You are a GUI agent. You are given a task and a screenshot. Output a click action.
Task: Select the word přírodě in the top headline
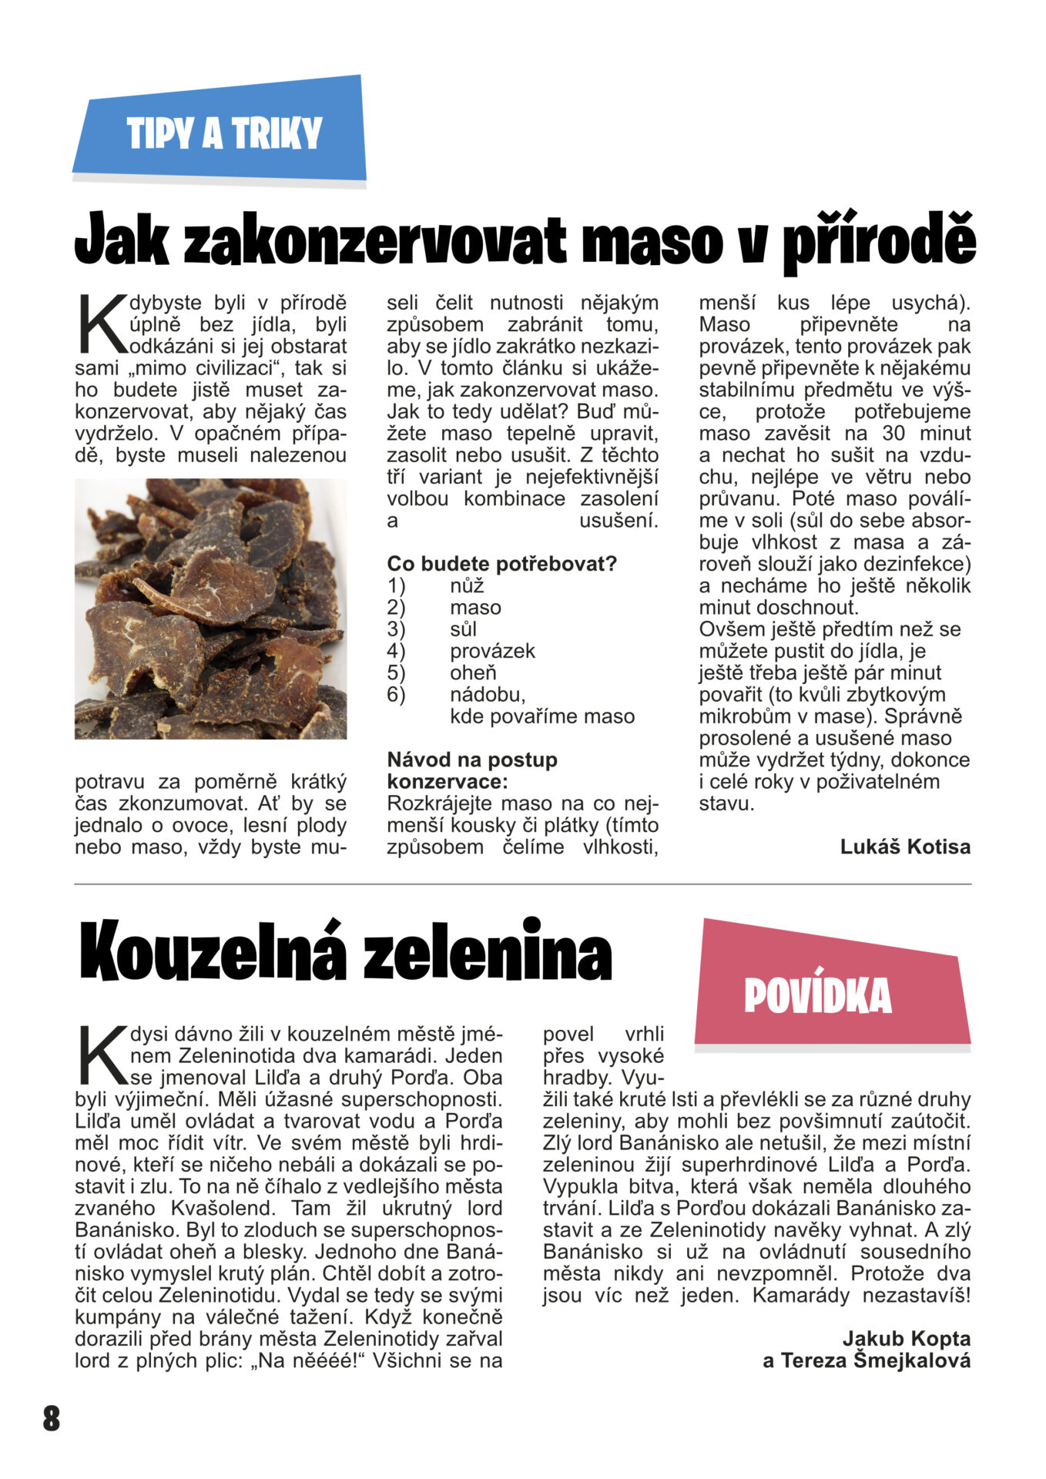(x=879, y=240)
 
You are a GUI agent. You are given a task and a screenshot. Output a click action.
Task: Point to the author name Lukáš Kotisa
(x=905, y=847)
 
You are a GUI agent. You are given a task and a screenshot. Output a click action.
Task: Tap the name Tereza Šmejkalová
(x=875, y=1360)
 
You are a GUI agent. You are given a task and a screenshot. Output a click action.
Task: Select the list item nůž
(x=467, y=585)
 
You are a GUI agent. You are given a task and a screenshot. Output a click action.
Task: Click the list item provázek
(x=492, y=651)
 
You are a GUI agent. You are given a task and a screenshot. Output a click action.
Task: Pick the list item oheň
(x=473, y=672)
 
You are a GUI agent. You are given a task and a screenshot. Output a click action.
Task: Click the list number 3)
(x=396, y=629)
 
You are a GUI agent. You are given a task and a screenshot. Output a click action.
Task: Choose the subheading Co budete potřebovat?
(x=502, y=564)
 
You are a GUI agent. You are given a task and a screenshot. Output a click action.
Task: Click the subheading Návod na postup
(x=472, y=760)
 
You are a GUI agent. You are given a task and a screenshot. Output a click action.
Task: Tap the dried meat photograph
(x=210, y=609)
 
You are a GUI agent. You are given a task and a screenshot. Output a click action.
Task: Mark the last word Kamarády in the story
(x=802, y=1295)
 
